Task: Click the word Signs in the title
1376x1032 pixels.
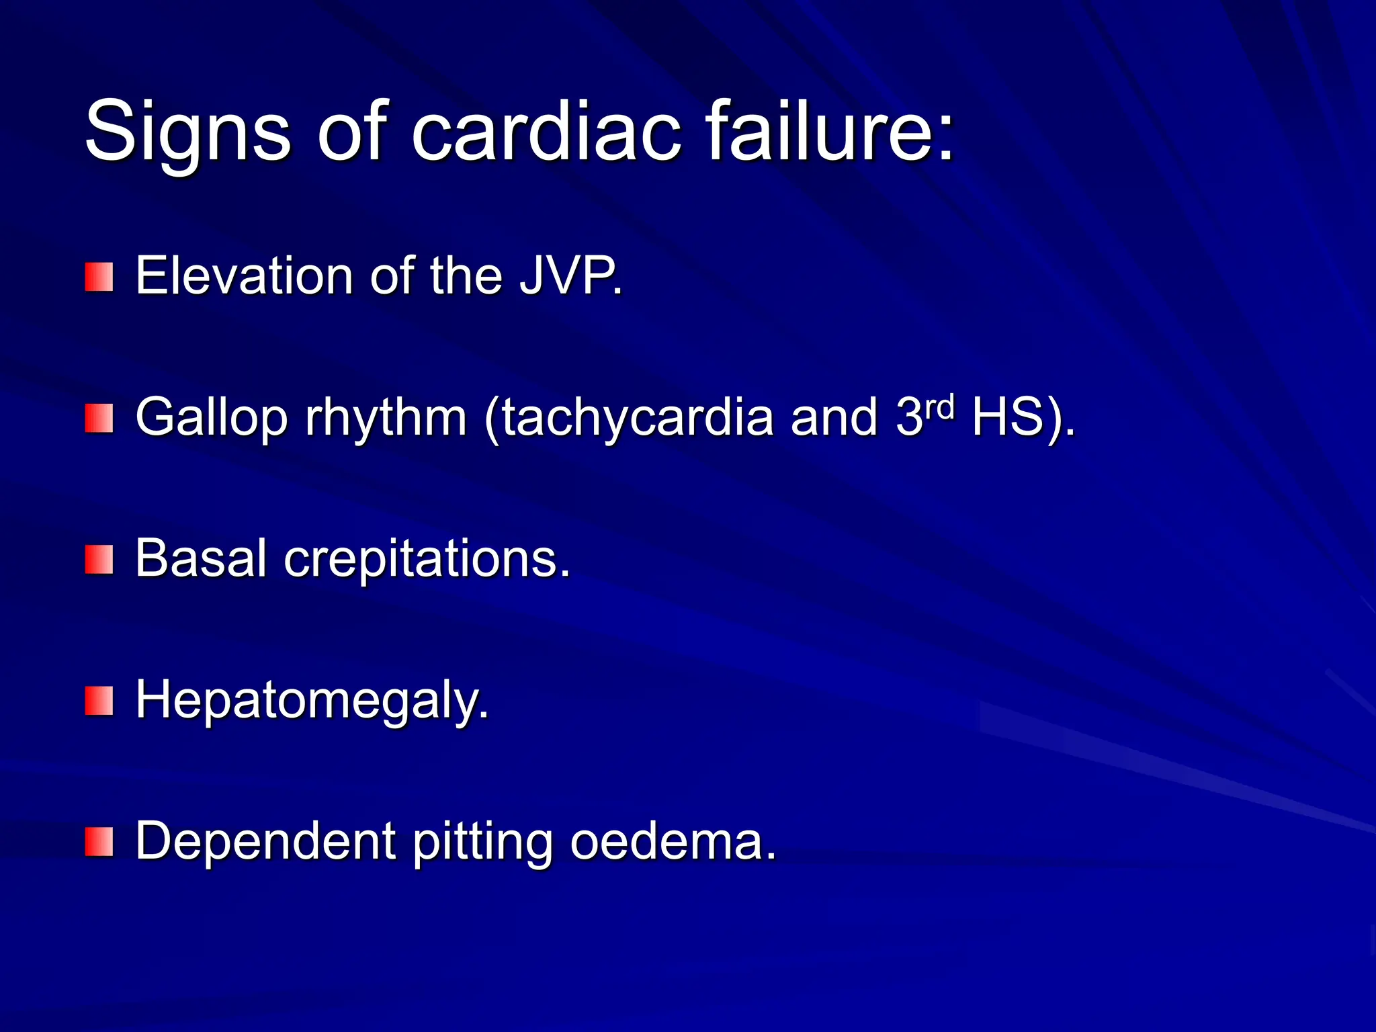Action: (188, 131)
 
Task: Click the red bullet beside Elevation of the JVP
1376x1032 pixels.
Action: (99, 277)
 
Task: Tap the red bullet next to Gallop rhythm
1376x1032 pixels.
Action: (99, 419)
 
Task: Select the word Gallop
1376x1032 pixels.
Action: (212, 418)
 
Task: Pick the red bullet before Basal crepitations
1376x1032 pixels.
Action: (99, 560)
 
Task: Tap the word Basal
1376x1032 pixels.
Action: (202, 558)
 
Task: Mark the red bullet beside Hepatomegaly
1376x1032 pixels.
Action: (99, 701)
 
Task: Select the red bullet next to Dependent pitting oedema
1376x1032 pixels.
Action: (99, 842)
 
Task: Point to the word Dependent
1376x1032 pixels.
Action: (265, 841)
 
